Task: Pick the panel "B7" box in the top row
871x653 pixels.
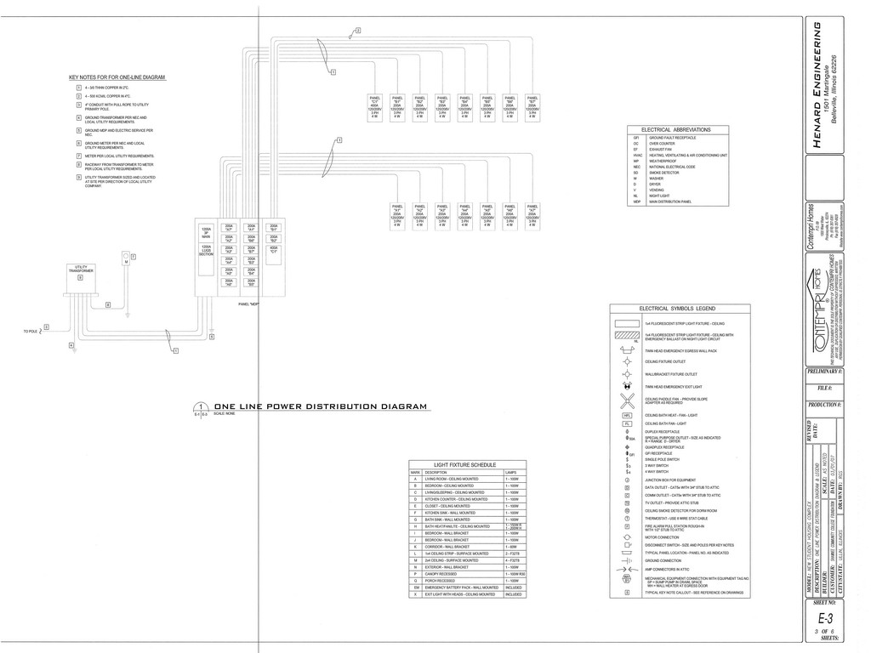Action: pos(532,106)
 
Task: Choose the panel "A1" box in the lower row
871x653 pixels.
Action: pos(397,215)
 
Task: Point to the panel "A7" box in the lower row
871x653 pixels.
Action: pos(532,215)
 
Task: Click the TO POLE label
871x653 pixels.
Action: pos(31,331)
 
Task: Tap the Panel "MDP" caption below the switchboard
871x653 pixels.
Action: pos(248,304)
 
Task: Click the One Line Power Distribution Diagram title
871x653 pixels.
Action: pos(320,406)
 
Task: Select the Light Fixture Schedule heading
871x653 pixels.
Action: pos(465,465)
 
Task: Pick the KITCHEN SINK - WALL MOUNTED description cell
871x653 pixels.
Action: pos(448,513)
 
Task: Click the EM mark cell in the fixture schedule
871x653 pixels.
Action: pos(416,587)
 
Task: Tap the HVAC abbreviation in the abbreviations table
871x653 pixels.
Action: pos(635,155)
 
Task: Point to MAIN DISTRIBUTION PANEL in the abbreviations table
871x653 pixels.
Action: pos(671,202)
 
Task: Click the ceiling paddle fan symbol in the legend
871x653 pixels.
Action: pos(628,400)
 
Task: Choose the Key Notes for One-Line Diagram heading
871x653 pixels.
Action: pos(117,77)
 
